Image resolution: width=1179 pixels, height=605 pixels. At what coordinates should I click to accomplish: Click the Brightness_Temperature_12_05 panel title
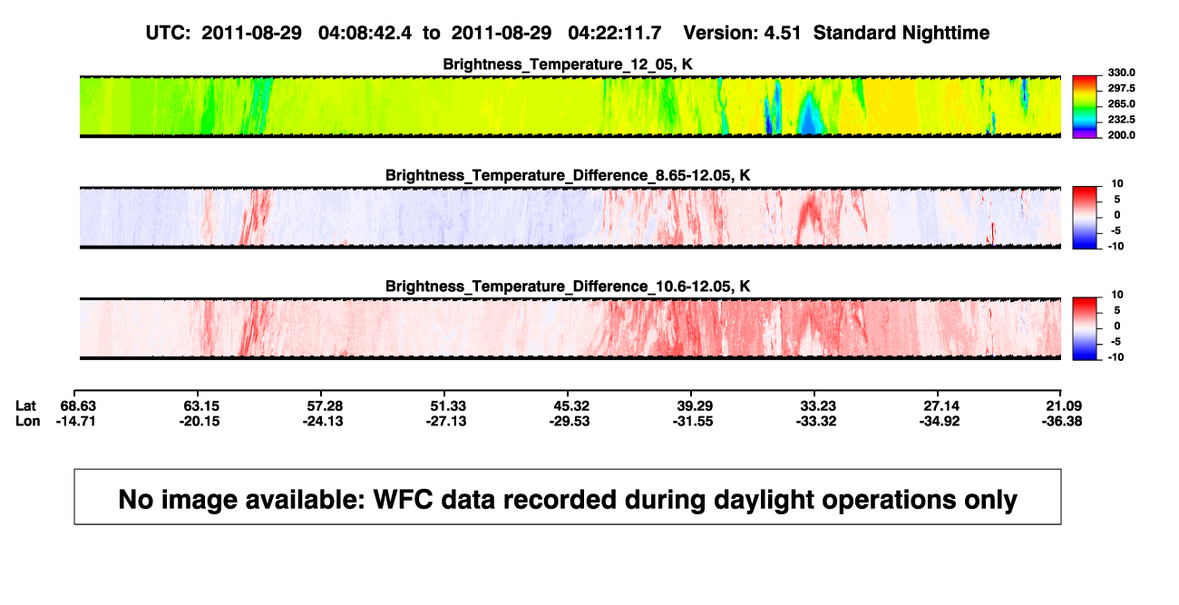point(568,64)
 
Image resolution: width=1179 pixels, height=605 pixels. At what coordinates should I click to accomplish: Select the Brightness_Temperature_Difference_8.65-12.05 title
point(568,175)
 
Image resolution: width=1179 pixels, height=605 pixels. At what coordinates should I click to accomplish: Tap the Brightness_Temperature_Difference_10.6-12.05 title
point(568,287)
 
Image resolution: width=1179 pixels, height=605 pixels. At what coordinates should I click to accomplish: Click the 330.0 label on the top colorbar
point(1121,73)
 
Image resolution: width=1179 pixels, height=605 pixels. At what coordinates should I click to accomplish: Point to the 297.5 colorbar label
point(1121,88)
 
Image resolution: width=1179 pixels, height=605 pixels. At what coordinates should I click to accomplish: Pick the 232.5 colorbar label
point(1121,120)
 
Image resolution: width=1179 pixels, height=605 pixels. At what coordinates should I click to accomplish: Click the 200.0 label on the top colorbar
point(1121,135)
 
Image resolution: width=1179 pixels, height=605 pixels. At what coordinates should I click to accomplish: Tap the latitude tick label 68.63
point(78,406)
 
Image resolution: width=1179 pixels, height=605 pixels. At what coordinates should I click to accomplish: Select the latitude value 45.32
point(571,406)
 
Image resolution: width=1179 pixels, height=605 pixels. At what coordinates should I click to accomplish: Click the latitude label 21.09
point(1064,406)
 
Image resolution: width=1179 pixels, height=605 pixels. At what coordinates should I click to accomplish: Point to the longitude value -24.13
point(323,421)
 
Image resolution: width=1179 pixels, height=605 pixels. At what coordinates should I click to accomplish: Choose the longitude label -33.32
point(816,421)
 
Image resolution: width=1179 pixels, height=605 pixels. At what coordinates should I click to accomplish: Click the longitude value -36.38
point(1062,421)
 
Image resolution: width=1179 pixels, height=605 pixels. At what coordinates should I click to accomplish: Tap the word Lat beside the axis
point(25,406)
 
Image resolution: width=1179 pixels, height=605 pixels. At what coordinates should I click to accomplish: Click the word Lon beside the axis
point(28,421)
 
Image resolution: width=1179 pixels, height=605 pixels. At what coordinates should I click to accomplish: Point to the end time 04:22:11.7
point(615,33)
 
